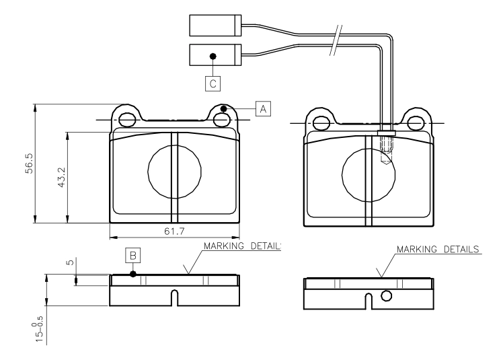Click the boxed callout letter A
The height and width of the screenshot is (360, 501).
[263, 108]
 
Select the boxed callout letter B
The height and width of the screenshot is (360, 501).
[133, 256]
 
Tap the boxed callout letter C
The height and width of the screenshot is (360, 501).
[213, 83]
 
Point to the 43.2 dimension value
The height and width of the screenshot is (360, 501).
[61, 178]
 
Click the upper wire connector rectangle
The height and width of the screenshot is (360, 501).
[215, 25]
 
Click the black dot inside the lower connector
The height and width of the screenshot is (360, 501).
[213, 56]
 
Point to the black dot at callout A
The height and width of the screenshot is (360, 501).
[224, 109]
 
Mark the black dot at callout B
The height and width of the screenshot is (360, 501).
[133, 274]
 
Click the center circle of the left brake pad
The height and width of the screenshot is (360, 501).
[174, 173]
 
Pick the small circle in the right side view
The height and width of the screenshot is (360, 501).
[386, 295]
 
